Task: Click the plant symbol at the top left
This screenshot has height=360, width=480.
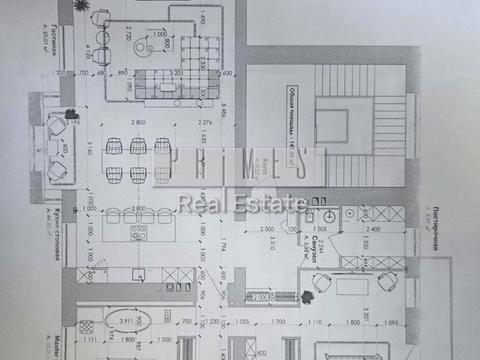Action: click(104, 9)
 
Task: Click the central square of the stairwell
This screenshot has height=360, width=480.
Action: click(332, 126)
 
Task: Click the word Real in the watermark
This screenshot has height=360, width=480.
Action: click(198, 204)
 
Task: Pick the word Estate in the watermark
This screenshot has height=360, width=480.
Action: click(273, 204)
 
